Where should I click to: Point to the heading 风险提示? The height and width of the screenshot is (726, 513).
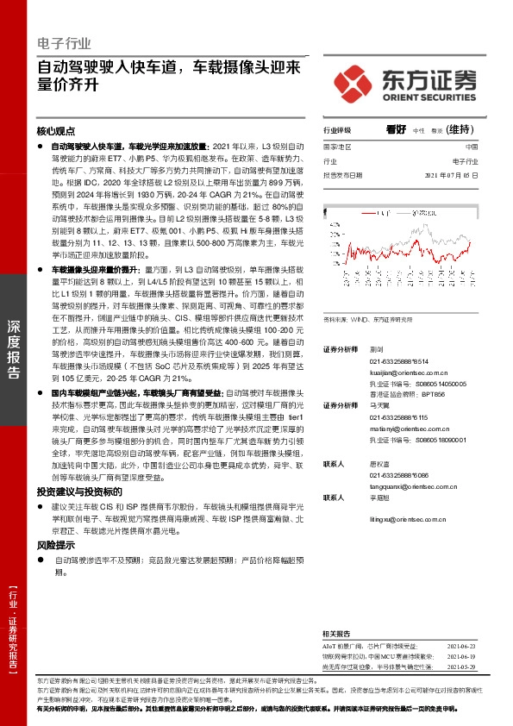[55, 545]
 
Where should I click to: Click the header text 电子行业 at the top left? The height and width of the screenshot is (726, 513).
[64, 43]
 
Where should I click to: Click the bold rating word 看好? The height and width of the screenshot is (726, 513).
[396, 129]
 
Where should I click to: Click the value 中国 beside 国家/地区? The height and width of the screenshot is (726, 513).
[471, 147]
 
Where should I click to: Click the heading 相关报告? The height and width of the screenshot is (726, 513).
[337, 632]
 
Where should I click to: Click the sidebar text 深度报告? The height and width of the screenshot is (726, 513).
[13, 350]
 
